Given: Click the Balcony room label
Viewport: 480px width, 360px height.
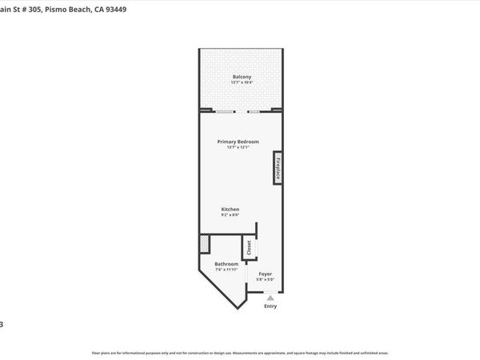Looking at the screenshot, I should [242, 76].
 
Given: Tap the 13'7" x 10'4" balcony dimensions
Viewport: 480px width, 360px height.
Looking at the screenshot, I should [242, 82].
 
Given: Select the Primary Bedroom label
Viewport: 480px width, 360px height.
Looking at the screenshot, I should [238, 142].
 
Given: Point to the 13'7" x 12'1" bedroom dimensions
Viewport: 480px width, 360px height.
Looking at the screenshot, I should [238, 147].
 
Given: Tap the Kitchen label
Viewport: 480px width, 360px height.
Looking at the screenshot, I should [230, 209].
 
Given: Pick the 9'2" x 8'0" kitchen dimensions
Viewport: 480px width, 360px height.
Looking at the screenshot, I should [230, 214].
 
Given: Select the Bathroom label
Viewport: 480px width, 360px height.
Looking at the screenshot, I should [226, 264].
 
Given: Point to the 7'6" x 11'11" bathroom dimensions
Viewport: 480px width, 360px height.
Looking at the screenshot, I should [226, 270].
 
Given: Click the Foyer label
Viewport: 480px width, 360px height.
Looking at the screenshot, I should [265, 274].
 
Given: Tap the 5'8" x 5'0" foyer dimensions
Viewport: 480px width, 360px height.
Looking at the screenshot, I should [265, 279].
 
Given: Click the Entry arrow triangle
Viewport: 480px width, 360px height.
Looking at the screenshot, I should [270, 297].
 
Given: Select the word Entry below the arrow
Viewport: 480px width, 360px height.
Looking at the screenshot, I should [270, 306].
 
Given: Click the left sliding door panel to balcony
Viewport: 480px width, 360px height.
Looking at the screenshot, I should [226, 110].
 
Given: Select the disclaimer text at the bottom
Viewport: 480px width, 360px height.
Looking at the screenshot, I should [240, 352].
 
